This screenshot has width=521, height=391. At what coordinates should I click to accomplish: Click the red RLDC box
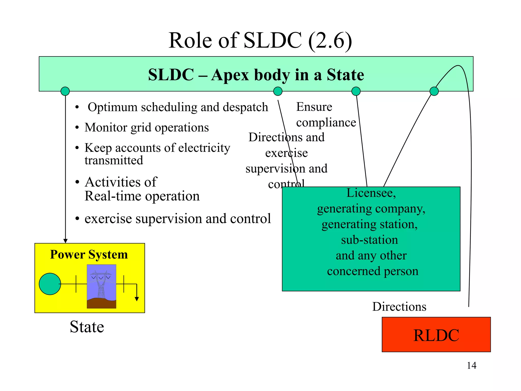point(436,334)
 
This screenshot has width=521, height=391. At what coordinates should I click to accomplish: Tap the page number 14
point(471,366)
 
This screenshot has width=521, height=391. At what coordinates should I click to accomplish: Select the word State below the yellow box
point(87,327)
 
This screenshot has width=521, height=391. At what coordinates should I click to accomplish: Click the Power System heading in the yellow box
point(89,254)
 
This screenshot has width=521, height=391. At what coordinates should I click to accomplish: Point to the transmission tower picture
point(102,286)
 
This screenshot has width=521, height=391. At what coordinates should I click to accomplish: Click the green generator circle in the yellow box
point(50,284)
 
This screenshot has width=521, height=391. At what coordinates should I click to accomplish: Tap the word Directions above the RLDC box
point(399,306)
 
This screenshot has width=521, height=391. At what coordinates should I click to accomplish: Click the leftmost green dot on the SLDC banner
point(65,91)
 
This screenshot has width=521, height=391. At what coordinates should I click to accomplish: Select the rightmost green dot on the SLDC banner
point(434,91)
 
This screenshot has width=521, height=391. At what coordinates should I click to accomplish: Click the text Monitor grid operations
point(147,127)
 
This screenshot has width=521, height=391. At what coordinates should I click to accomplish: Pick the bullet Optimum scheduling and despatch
point(178,107)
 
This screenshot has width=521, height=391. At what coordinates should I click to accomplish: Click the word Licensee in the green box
point(371,193)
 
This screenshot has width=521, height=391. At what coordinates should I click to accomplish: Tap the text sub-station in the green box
point(369,240)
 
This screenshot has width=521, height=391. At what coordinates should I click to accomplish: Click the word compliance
point(326,122)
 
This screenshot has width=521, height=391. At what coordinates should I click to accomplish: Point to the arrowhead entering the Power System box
point(65,241)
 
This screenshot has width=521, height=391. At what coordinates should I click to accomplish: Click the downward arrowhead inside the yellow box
point(137,299)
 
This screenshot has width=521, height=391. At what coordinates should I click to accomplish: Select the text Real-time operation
point(142,196)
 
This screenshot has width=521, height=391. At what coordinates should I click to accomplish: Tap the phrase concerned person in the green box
point(372,271)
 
